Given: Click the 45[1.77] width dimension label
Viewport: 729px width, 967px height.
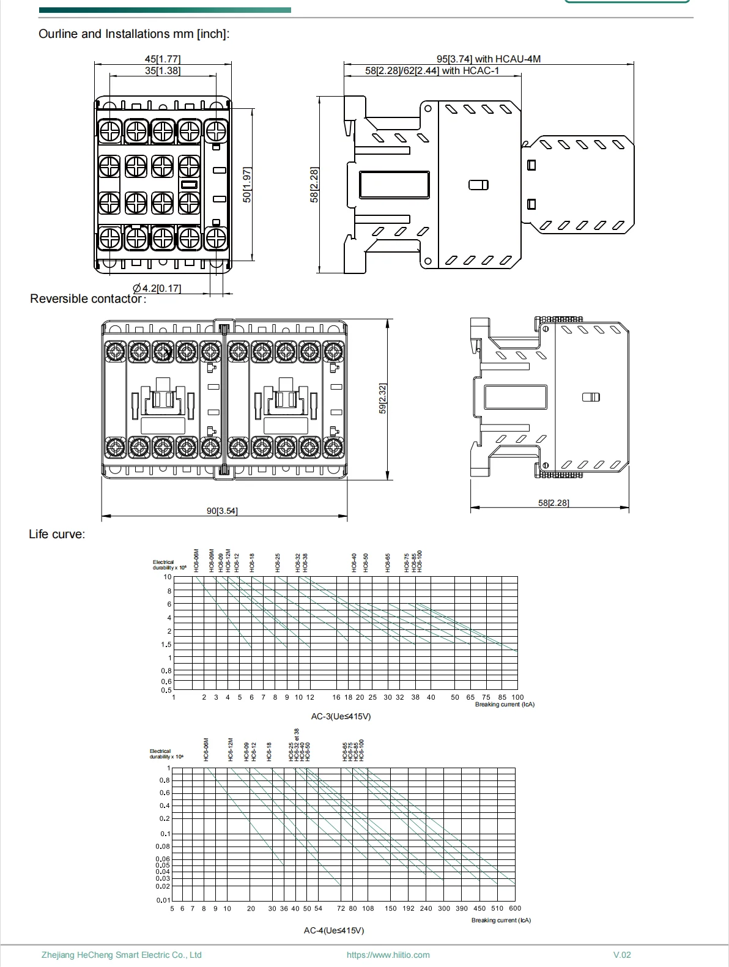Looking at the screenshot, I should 162,59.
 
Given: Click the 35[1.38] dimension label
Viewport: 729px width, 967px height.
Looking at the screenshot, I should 162,71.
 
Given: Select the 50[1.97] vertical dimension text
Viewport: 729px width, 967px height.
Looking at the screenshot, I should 247,184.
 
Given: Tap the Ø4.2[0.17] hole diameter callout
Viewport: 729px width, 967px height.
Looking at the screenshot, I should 157,288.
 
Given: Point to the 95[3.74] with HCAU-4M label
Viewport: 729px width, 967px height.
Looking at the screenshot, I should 488,59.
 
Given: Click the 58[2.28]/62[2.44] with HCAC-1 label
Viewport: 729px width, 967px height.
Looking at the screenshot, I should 432,71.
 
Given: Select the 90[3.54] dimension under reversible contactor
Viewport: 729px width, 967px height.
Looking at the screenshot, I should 222,511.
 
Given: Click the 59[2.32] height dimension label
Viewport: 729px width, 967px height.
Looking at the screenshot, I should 383,398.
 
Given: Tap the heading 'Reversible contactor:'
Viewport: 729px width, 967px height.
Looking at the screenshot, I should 88,299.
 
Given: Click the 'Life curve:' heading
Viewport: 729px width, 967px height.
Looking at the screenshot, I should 57,535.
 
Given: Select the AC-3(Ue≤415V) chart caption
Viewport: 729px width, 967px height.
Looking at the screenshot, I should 341,716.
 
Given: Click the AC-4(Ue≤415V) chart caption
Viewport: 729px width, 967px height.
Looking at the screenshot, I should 334,930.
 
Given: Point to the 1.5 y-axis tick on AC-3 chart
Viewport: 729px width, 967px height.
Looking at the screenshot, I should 166,645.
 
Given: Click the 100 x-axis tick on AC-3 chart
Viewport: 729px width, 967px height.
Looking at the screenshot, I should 517,697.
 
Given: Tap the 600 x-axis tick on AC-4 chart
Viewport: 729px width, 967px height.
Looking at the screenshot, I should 515,909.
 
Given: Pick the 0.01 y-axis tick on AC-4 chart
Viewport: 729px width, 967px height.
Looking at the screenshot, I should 163,900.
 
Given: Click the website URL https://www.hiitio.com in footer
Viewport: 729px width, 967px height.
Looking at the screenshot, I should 388,955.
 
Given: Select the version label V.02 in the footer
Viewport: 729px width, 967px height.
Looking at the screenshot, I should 622,955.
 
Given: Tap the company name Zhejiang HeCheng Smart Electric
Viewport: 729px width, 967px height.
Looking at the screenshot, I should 121,955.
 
